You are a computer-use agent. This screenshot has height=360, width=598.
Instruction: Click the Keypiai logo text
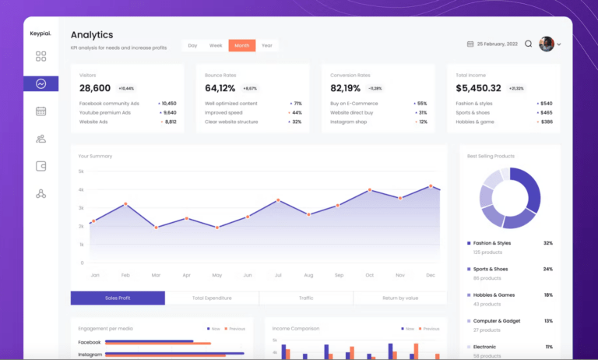coord(40,34)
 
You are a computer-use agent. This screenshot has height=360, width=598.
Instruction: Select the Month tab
coord(241,46)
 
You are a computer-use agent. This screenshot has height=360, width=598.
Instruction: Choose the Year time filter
coord(266,46)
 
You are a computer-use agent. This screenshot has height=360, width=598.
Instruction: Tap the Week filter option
coord(216,46)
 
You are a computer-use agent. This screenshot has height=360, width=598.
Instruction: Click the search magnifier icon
coord(529,44)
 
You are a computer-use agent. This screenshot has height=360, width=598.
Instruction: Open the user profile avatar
coord(547,44)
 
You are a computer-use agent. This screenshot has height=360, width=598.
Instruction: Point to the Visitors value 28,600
coord(95,88)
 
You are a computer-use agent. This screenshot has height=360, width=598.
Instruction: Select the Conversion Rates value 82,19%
coord(346,88)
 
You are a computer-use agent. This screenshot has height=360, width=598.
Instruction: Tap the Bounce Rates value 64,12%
coord(220,88)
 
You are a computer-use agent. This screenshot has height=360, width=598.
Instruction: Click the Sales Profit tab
coord(118,298)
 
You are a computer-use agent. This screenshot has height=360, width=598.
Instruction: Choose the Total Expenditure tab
coord(212,298)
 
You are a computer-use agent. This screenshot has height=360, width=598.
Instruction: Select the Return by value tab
coord(399,298)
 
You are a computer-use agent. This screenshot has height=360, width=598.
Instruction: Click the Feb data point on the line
coord(125,204)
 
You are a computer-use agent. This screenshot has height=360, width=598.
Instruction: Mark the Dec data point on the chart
coord(431,186)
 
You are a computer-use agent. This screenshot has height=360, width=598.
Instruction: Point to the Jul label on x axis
coord(278,275)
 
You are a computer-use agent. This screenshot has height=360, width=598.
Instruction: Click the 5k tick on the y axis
coord(81,171)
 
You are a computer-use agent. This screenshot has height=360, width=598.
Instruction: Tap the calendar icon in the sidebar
coord(40,111)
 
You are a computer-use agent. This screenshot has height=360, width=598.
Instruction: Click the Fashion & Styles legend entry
coord(492,243)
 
